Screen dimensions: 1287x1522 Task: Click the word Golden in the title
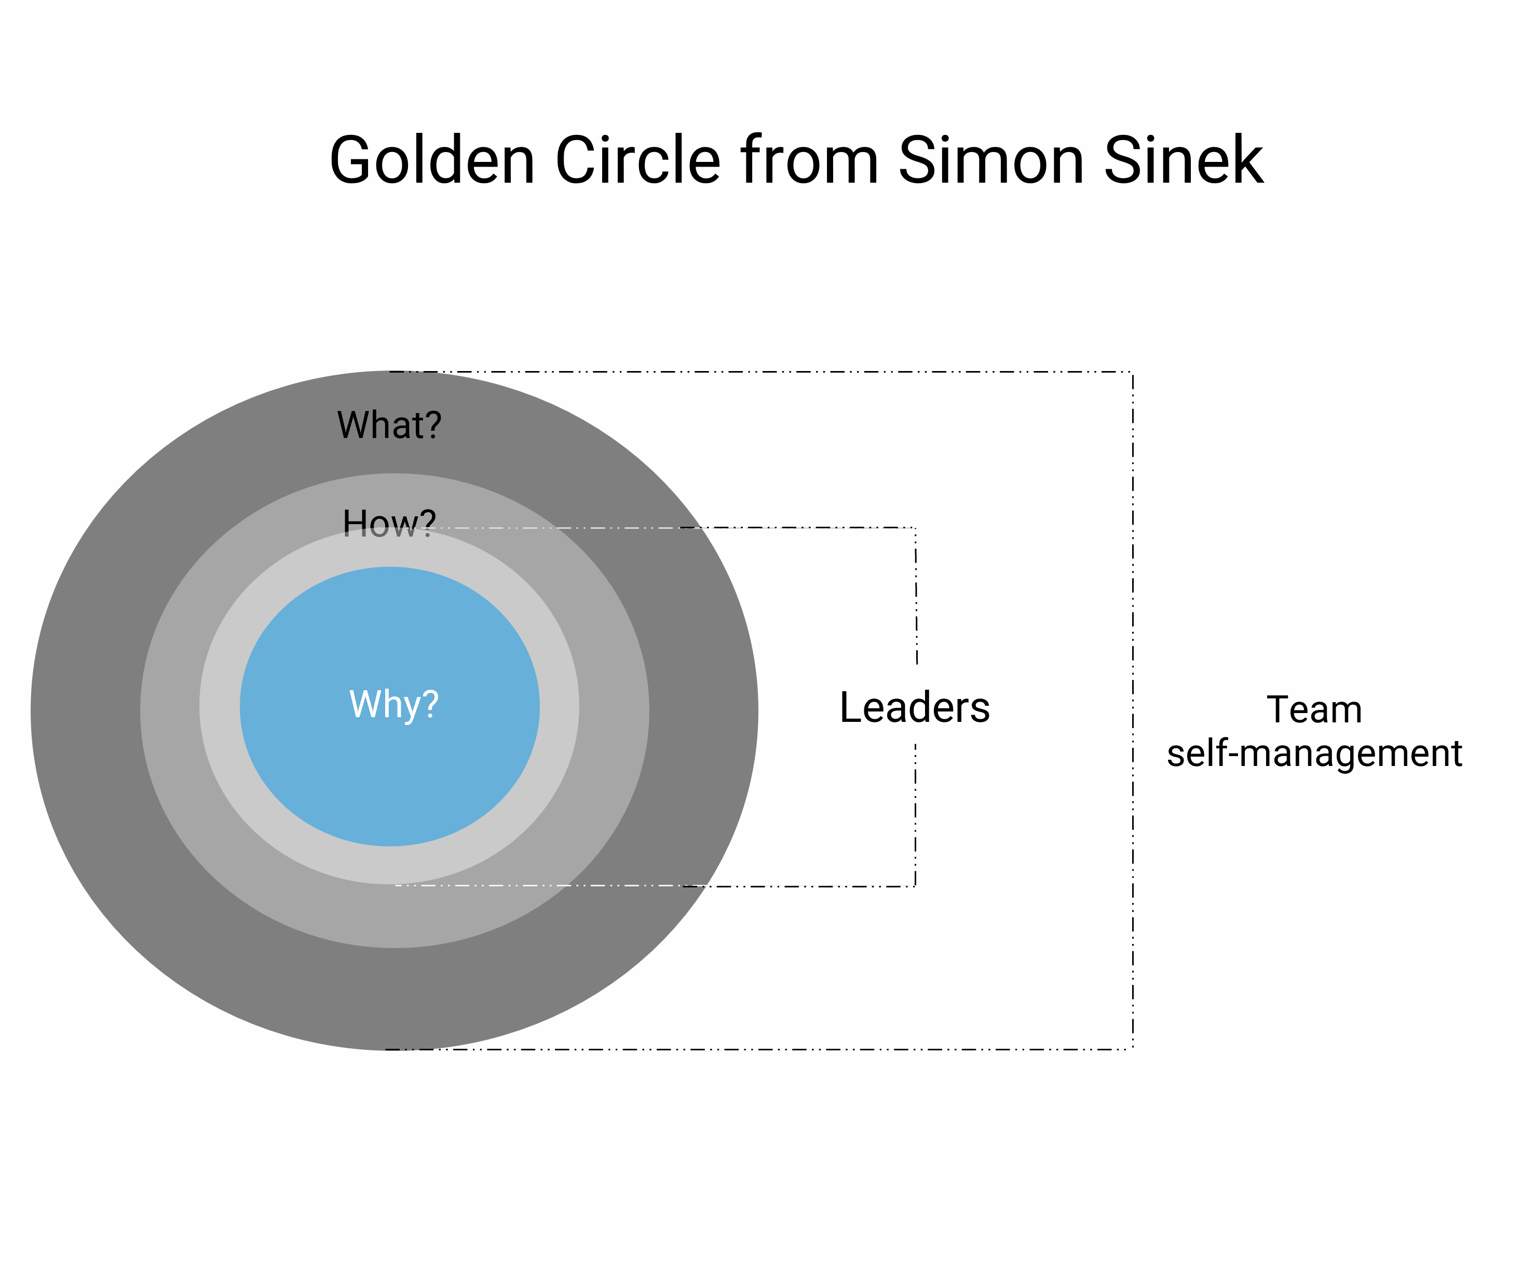(432, 160)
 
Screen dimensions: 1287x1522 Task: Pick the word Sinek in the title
(1184, 160)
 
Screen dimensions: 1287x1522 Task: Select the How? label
(389, 523)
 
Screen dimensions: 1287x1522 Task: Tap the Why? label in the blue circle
(394, 704)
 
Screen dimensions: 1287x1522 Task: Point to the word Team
(1314, 709)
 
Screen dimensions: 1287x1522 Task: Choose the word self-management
(1314, 753)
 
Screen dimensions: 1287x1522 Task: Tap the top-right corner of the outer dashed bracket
(1132, 372)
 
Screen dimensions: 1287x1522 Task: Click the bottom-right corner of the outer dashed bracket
(1132, 1049)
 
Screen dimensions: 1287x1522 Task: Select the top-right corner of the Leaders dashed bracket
(915, 527)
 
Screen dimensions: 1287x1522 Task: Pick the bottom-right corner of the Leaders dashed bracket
(915, 886)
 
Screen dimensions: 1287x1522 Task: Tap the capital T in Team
(1279, 709)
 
